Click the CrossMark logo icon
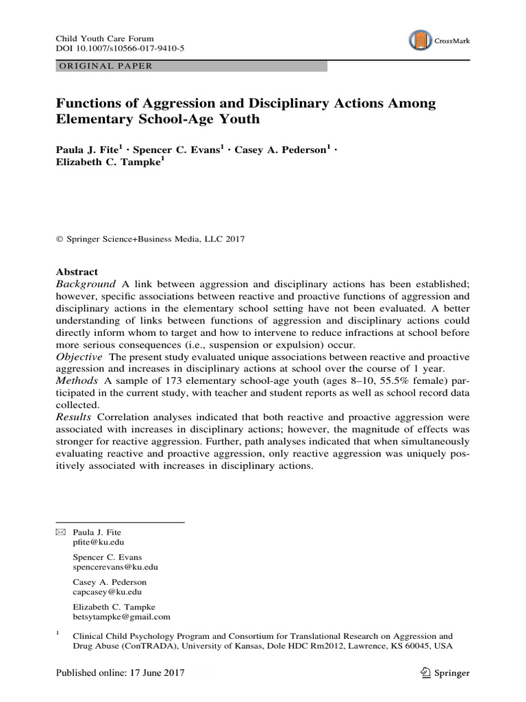418,41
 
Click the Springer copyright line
149,239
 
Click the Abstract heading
77,271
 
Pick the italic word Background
86,284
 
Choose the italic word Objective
79,358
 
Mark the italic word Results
75,417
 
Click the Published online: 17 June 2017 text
120,673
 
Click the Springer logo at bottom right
446,673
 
